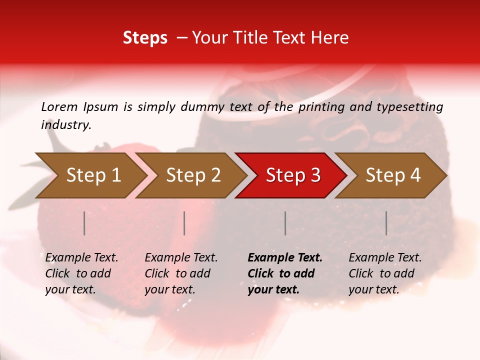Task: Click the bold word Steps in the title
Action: point(145,38)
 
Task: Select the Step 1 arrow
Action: point(93,175)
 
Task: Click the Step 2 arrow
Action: point(193,175)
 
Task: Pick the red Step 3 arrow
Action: point(292,175)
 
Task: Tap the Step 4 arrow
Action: point(392,175)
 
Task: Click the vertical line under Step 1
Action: point(84,223)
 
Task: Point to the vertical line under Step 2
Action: point(184,223)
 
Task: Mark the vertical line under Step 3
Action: point(285,223)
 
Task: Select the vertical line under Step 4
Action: point(386,223)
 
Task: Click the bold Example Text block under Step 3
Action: point(284,273)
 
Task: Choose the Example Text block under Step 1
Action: point(81,273)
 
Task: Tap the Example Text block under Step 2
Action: point(181,273)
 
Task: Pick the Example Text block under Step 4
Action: point(385,273)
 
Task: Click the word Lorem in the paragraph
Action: point(59,106)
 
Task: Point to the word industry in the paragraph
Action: point(65,125)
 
